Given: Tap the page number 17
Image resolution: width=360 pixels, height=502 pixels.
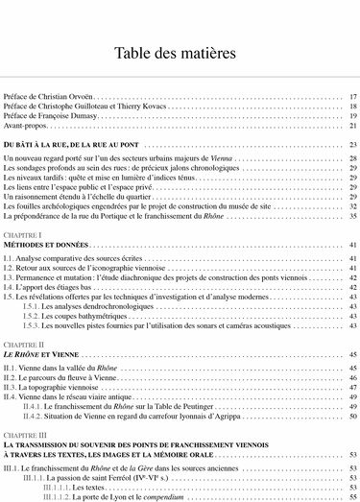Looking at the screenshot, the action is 352,97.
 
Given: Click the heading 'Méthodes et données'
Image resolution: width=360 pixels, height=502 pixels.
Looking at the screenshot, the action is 45,245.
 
